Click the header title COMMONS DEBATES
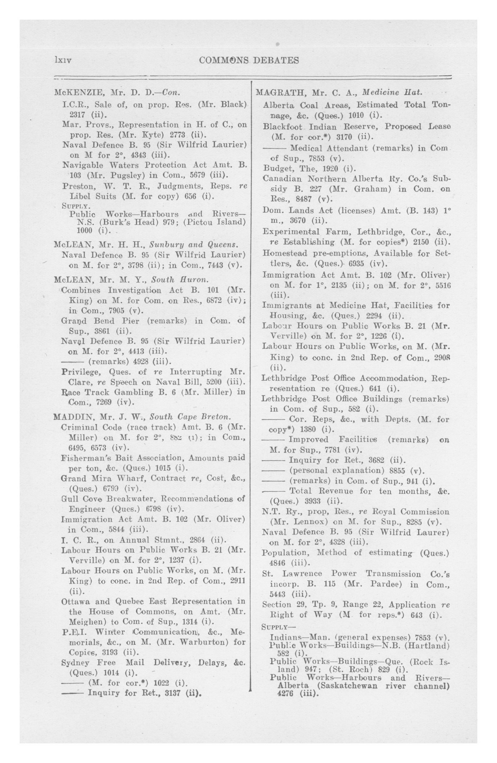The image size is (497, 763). point(249,60)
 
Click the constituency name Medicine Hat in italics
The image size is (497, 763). point(391,93)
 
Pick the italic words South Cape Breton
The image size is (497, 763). point(190,417)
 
